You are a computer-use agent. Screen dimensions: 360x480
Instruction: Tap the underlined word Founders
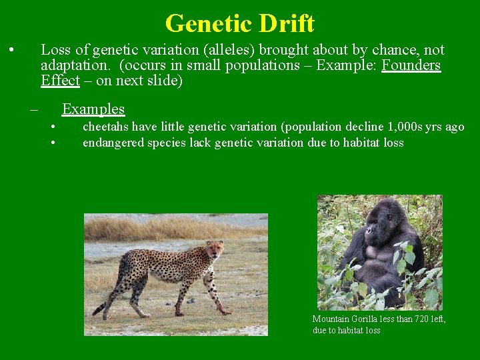[411, 65]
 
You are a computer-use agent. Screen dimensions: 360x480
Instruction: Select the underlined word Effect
[60, 81]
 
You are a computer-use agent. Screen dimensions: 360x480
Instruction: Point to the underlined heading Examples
[93, 109]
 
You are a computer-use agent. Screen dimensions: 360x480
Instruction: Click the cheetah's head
[215, 250]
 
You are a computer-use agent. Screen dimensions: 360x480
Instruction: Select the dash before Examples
[33, 109]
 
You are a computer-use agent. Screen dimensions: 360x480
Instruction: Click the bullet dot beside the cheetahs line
[53, 127]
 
